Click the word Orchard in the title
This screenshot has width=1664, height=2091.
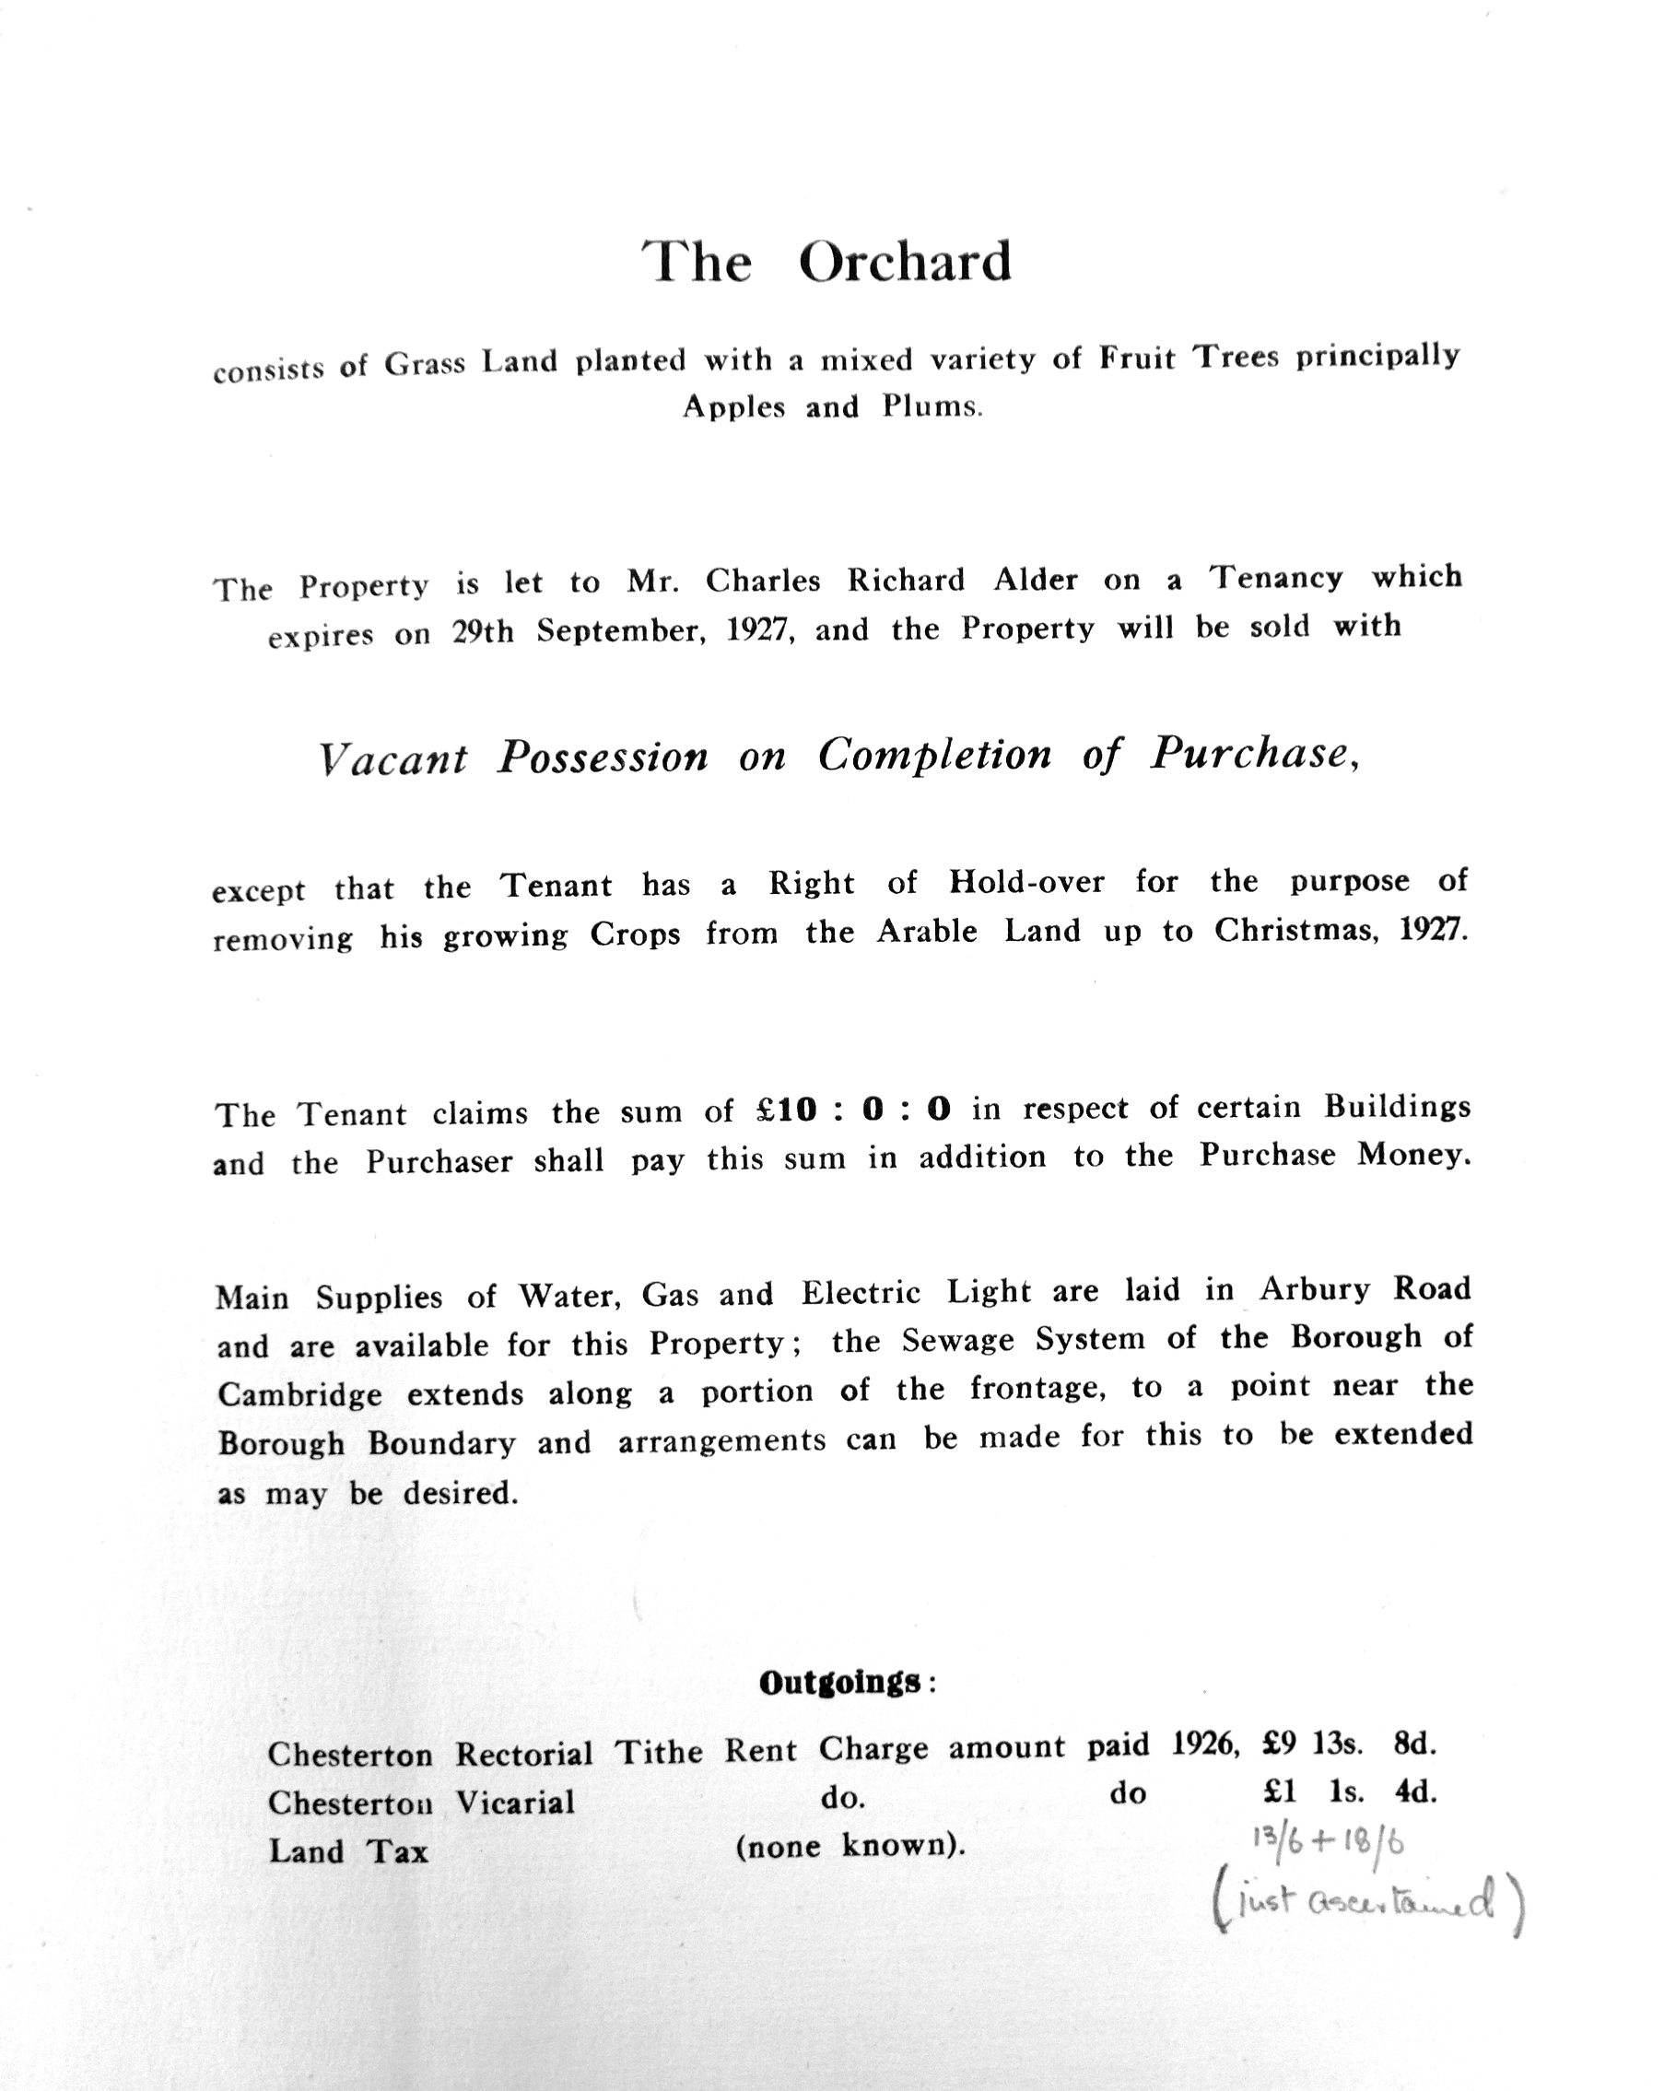coord(904,261)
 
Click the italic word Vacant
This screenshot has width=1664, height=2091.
coord(393,759)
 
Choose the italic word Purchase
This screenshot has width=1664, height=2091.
coord(1251,754)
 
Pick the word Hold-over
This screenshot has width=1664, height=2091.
coord(1025,882)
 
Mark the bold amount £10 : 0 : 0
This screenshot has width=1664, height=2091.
coord(853,1110)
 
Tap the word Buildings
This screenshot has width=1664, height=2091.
coord(1397,1107)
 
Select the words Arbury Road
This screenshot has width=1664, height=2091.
coord(1365,1289)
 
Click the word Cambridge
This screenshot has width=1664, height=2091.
coord(299,1394)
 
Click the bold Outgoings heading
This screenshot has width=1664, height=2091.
coord(839,1683)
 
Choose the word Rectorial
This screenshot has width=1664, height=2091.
coord(523,1754)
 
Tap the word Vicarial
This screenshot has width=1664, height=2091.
coord(515,1802)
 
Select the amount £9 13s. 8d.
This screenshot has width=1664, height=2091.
coord(1349,1744)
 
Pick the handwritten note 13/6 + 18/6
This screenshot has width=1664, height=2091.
coord(1328,1840)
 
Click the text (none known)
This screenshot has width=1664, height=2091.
coord(850,1846)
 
